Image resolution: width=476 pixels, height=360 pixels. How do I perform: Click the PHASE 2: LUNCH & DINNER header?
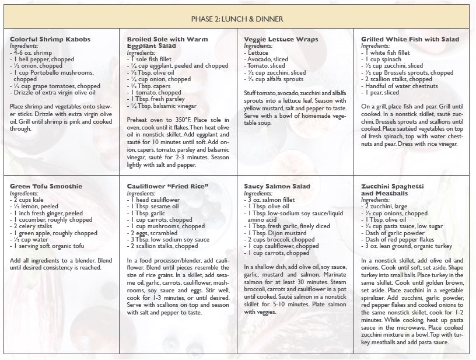point(237,18)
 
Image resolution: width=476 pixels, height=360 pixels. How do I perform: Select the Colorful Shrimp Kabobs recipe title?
point(50,39)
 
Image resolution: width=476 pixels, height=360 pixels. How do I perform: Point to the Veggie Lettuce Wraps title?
point(281,39)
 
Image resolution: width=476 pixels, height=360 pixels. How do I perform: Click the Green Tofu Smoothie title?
point(46,186)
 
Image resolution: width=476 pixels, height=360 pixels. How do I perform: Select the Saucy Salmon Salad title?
point(277,186)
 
